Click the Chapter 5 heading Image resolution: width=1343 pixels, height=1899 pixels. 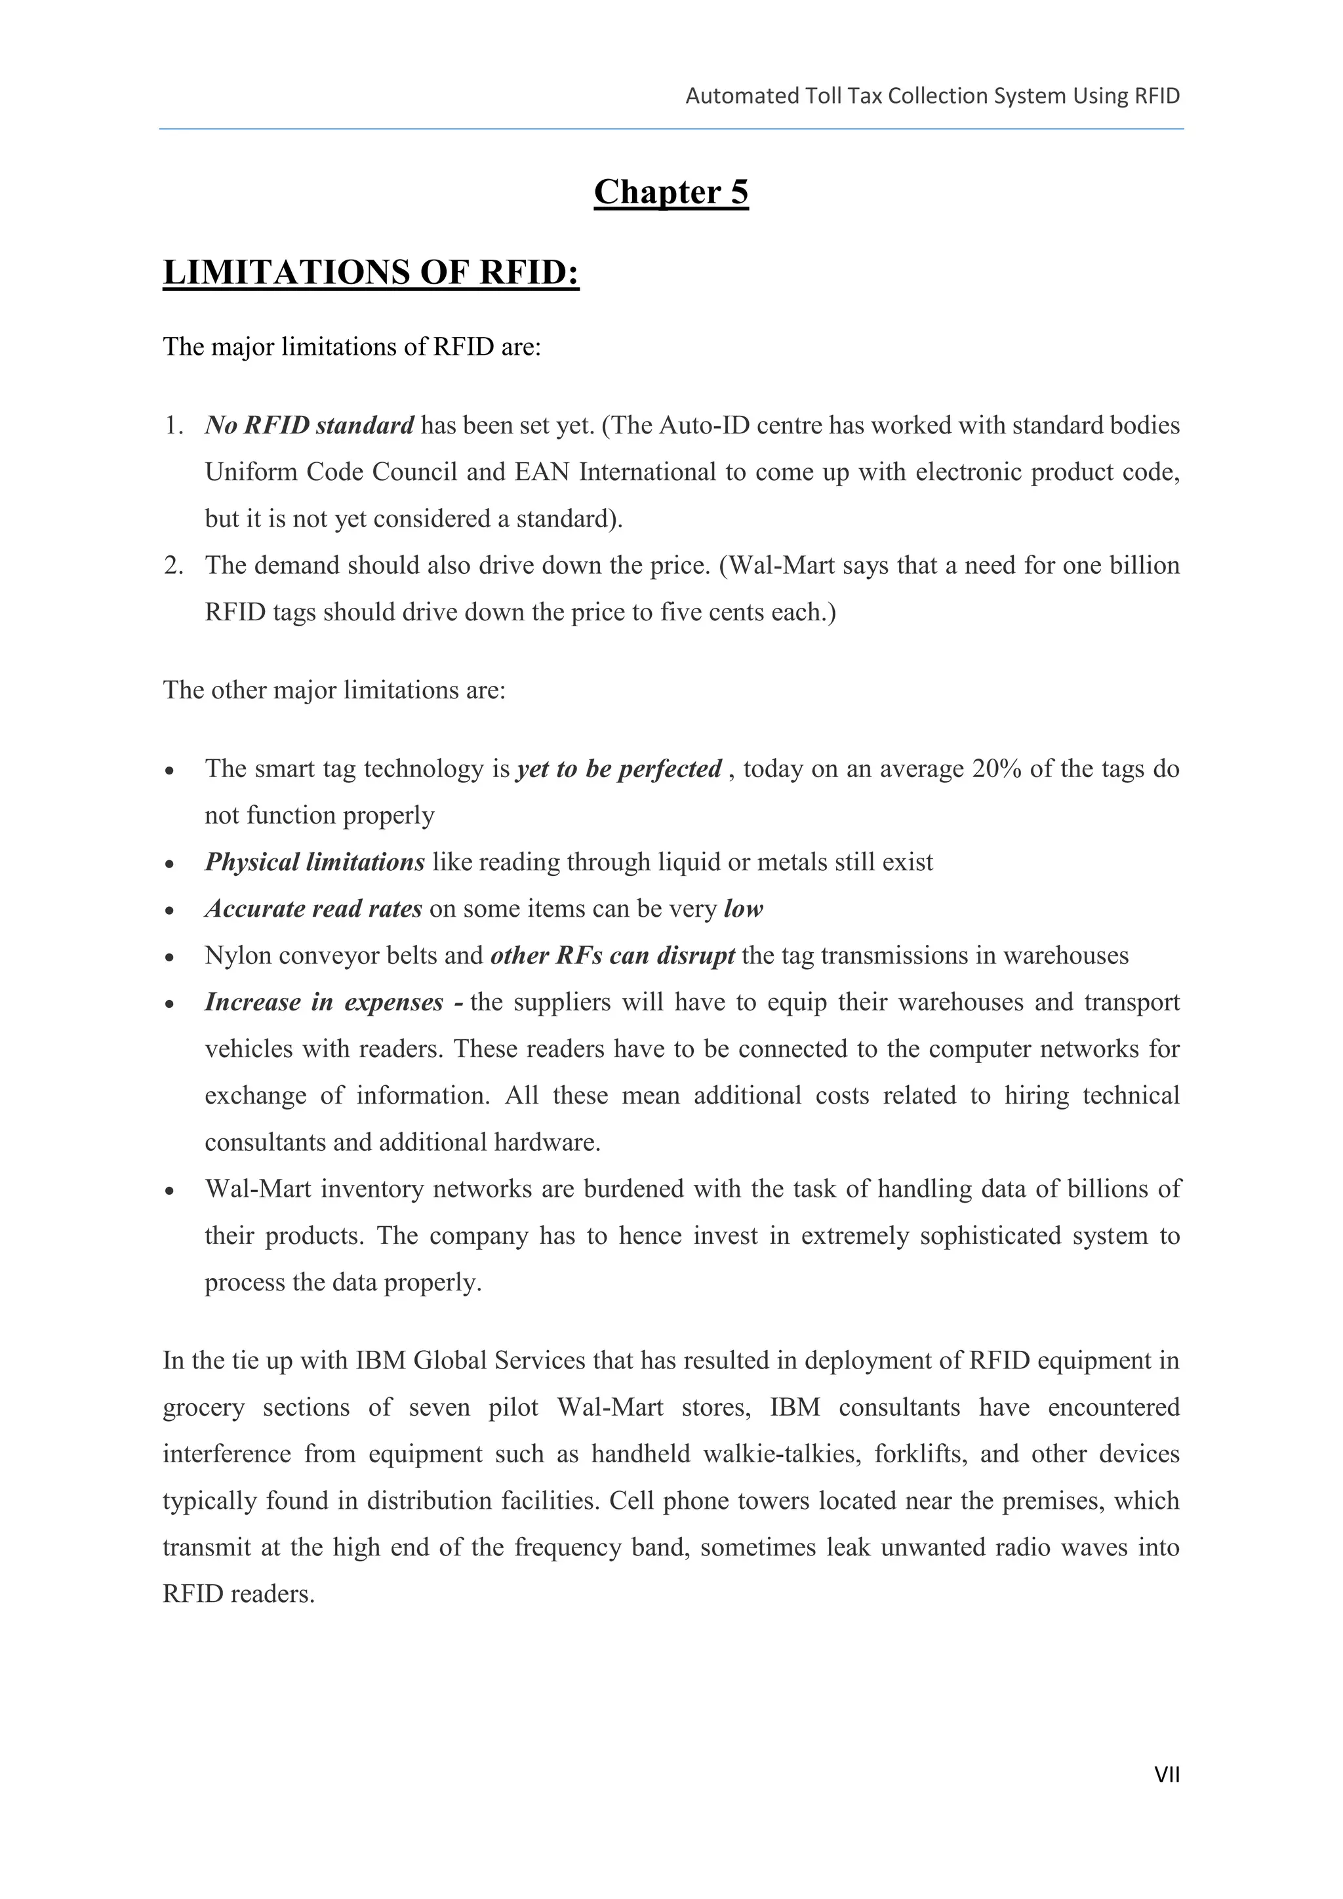[x=671, y=192]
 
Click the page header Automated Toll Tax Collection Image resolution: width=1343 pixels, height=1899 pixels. [x=932, y=96]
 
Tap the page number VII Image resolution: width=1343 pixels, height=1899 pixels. [x=1166, y=1774]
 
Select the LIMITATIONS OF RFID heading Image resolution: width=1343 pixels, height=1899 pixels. [x=371, y=272]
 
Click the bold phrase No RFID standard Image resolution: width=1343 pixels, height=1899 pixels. [x=310, y=425]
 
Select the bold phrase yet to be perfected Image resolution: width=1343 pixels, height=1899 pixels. [x=618, y=769]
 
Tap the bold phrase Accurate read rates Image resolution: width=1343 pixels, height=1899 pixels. [x=313, y=908]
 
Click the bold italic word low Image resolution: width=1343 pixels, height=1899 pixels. [x=742, y=908]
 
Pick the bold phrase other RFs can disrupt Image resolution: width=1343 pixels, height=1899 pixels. [x=612, y=955]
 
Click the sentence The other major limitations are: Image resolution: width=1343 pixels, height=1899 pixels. [x=334, y=690]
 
